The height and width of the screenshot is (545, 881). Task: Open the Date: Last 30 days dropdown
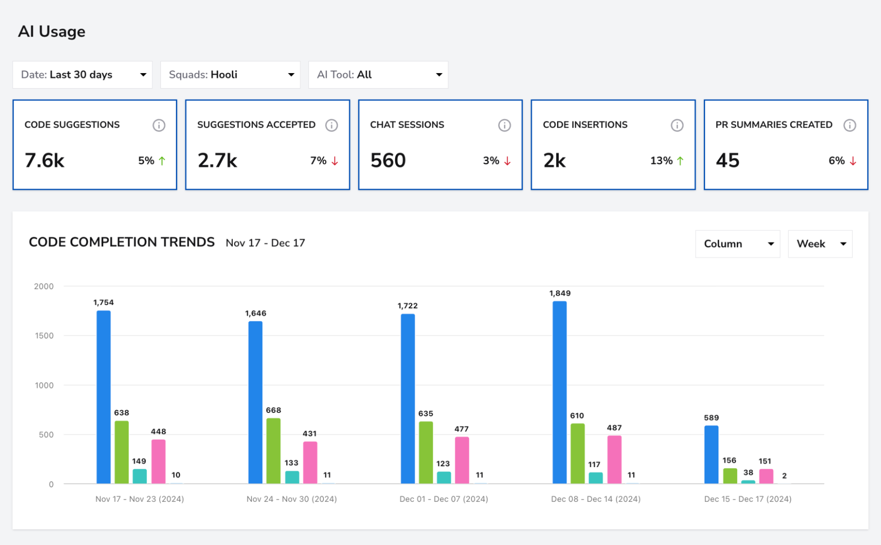pyautogui.click(x=82, y=75)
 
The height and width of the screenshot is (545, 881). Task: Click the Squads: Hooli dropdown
pyautogui.click(x=230, y=75)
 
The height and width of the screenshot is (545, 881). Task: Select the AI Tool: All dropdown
pyautogui.click(x=379, y=75)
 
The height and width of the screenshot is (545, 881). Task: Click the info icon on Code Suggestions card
pyautogui.click(x=159, y=125)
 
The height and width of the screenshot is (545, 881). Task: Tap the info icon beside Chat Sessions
pyautogui.click(x=505, y=125)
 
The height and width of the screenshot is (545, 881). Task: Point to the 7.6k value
pyautogui.click(x=45, y=160)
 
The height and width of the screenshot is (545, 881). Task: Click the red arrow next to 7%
pyautogui.click(x=335, y=161)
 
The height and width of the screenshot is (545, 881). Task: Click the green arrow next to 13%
pyautogui.click(x=680, y=161)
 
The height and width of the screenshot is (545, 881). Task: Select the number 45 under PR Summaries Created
pyautogui.click(x=728, y=160)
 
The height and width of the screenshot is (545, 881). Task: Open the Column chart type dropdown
pyautogui.click(x=738, y=244)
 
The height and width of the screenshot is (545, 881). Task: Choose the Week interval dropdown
pyautogui.click(x=820, y=244)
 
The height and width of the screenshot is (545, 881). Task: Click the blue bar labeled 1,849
pyautogui.click(x=560, y=392)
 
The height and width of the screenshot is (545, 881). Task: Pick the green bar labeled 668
pyautogui.click(x=273, y=451)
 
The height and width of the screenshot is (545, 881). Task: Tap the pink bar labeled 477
pyautogui.click(x=462, y=460)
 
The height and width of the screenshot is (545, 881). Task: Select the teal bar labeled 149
pyautogui.click(x=140, y=476)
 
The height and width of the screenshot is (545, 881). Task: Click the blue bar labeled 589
pyautogui.click(x=711, y=455)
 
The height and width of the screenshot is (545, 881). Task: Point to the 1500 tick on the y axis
pyautogui.click(x=44, y=336)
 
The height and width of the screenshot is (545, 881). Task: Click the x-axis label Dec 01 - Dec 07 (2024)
pyautogui.click(x=444, y=499)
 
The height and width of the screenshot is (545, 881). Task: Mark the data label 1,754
pyautogui.click(x=104, y=302)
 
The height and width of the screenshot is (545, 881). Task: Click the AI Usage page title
pyautogui.click(x=52, y=32)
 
